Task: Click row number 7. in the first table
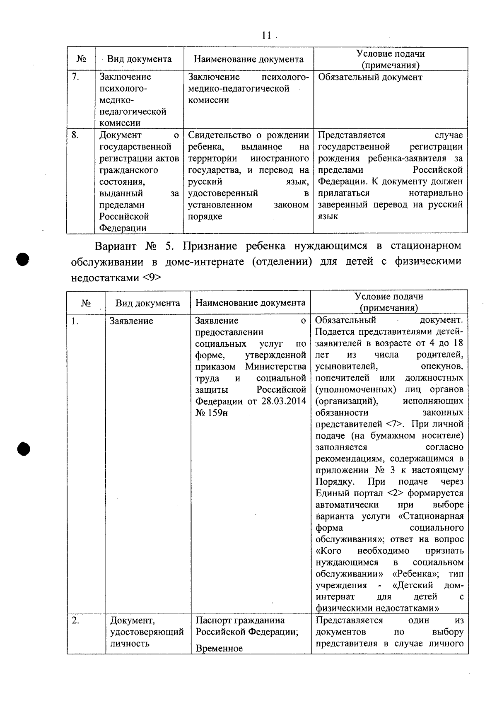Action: tap(75, 77)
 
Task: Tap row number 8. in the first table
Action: tap(75, 135)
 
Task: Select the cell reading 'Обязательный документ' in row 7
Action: tap(370, 77)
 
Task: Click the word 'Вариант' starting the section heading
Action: tap(116, 246)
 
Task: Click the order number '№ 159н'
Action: tap(212, 413)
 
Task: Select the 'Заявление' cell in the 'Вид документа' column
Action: tap(131, 321)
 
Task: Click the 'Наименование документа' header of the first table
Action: tap(248, 59)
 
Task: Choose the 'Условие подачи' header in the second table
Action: tap(389, 297)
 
